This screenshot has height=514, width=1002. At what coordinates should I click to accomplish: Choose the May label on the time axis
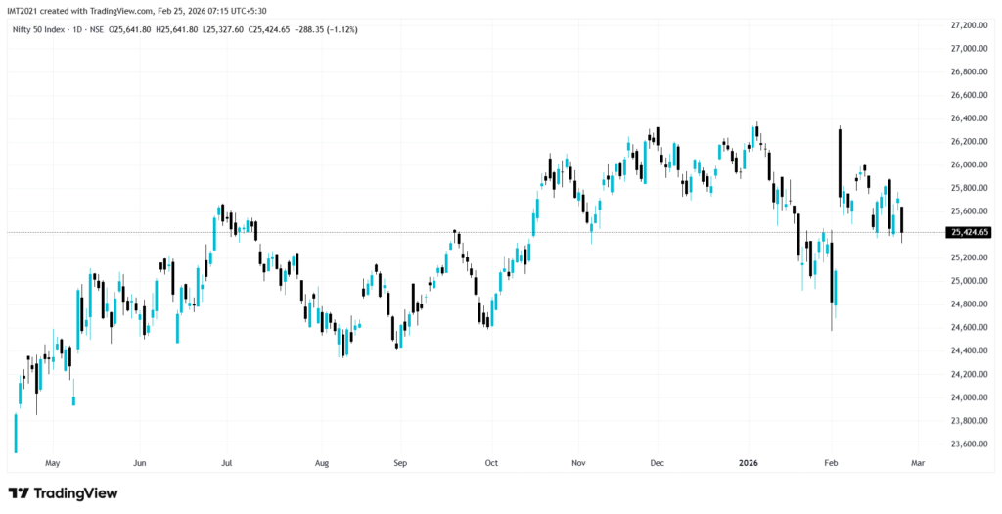point(53,461)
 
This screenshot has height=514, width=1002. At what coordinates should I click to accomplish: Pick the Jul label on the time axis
point(226,461)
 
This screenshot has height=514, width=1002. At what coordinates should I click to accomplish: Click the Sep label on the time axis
point(399,461)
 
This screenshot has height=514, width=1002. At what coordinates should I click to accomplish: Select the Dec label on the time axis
point(657,461)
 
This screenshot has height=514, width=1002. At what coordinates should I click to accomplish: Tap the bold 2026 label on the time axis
point(748,461)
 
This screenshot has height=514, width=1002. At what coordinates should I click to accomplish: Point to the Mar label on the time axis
point(917,461)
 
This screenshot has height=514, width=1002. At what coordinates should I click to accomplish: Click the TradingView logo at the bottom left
point(64,492)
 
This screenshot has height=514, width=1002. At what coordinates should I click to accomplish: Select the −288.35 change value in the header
point(307,30)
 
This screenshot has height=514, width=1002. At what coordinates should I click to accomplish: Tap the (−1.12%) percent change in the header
point(342,30)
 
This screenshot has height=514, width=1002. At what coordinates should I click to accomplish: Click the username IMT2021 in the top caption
point(23,10)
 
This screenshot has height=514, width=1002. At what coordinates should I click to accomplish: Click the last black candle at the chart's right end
point(901,221)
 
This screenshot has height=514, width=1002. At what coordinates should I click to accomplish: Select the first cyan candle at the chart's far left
point(16,433)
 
